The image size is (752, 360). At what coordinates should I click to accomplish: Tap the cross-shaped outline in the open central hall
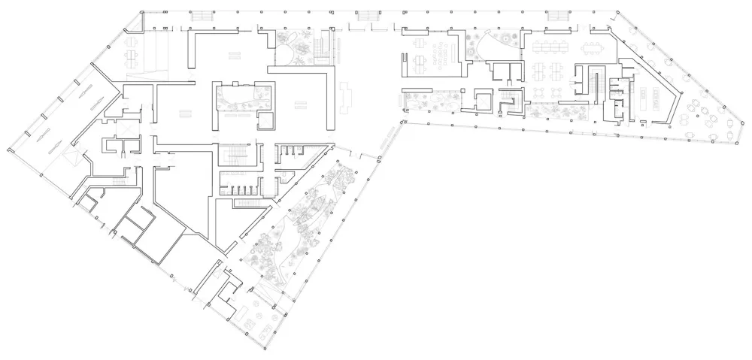(x=347, y=97)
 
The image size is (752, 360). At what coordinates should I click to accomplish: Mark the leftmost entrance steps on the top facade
(x=201, y=17)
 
